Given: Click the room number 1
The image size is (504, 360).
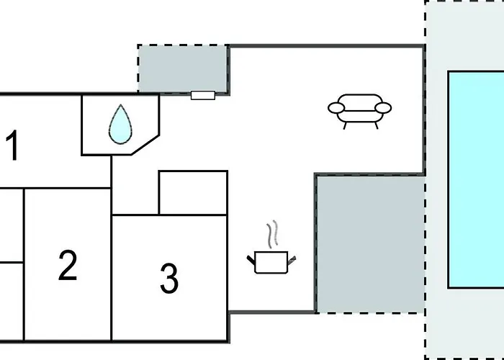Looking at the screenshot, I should pyautogui.click(x=12, y=146).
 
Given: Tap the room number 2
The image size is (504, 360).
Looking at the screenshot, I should pyautogui.click(x=68, y=265).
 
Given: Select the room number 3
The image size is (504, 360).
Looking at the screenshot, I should pyautogui.click(x=168, y=278).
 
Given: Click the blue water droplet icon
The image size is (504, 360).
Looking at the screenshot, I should pyautogui.click(x=120, y=124).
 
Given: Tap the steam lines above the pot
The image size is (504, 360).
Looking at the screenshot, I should pyautogui.click(x=271, y=234).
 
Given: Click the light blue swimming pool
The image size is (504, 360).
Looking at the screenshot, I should pyautogui.click(x=476, y=180).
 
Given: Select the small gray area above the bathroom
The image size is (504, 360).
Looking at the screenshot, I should pyautogui.click(x=183, y=69).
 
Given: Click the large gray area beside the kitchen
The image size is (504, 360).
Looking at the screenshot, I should pyautogui.click(x=369, y=243).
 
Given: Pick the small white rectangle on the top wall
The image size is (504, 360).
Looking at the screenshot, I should pyautogui.click(x=203, y=95).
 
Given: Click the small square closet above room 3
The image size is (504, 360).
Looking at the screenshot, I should pyautogui.click(x=193, y=192).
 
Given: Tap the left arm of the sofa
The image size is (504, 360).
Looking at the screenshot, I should pyautogui.click(x=336, y=109).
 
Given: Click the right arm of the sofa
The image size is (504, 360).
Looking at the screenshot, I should pyautogui.click(x=384, y=108).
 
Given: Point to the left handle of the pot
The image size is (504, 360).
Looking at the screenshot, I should pyautogui.click(x=252, y=258).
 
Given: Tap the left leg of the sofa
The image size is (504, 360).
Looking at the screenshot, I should pyautogui.click(x=346, y=125).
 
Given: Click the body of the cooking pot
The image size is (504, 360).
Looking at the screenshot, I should pyautogui.click(x=271, y=263).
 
